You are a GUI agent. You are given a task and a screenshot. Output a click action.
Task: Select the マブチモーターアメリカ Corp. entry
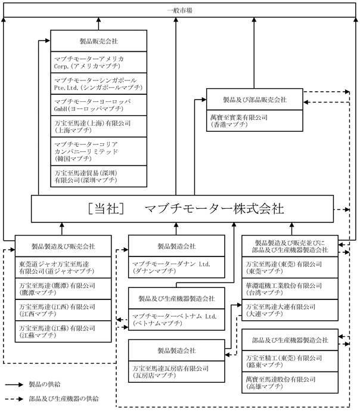coord(98,62)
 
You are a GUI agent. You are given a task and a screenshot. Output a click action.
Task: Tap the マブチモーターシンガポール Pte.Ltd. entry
coord(98,84)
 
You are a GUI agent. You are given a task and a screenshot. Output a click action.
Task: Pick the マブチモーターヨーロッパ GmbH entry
coord(98,106)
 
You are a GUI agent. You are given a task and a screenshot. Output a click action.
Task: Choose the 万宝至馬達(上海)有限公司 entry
coord(98,126)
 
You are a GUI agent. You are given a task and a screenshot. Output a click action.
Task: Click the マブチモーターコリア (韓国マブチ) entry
coord(98,151)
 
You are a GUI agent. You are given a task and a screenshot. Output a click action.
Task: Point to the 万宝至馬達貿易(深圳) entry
coord(98,176)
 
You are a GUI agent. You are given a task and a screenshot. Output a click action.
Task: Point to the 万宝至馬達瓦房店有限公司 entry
coord(179,373)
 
